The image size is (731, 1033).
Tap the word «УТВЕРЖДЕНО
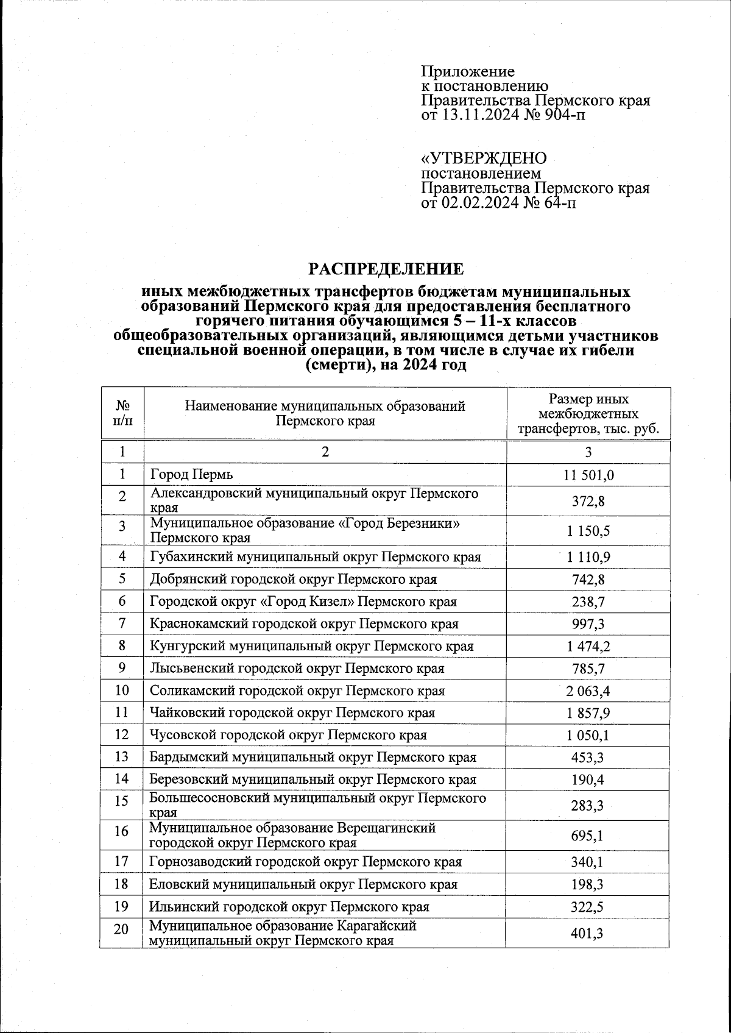click(x=484, y=158)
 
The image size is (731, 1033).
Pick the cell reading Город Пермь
click(x=192, y=474)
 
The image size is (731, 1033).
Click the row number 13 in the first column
click(x=122, y=757)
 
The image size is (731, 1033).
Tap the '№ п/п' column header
click(x=122, y=414)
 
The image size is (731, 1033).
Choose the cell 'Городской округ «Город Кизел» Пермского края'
click(x=303, y=602)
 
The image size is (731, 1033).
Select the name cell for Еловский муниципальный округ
click(x=303, y=884)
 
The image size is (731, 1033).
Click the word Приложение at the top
click(x=468, y=72)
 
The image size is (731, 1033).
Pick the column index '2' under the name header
click(x=325, y=452)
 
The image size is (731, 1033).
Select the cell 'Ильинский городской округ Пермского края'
click(x=289, y=906)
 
